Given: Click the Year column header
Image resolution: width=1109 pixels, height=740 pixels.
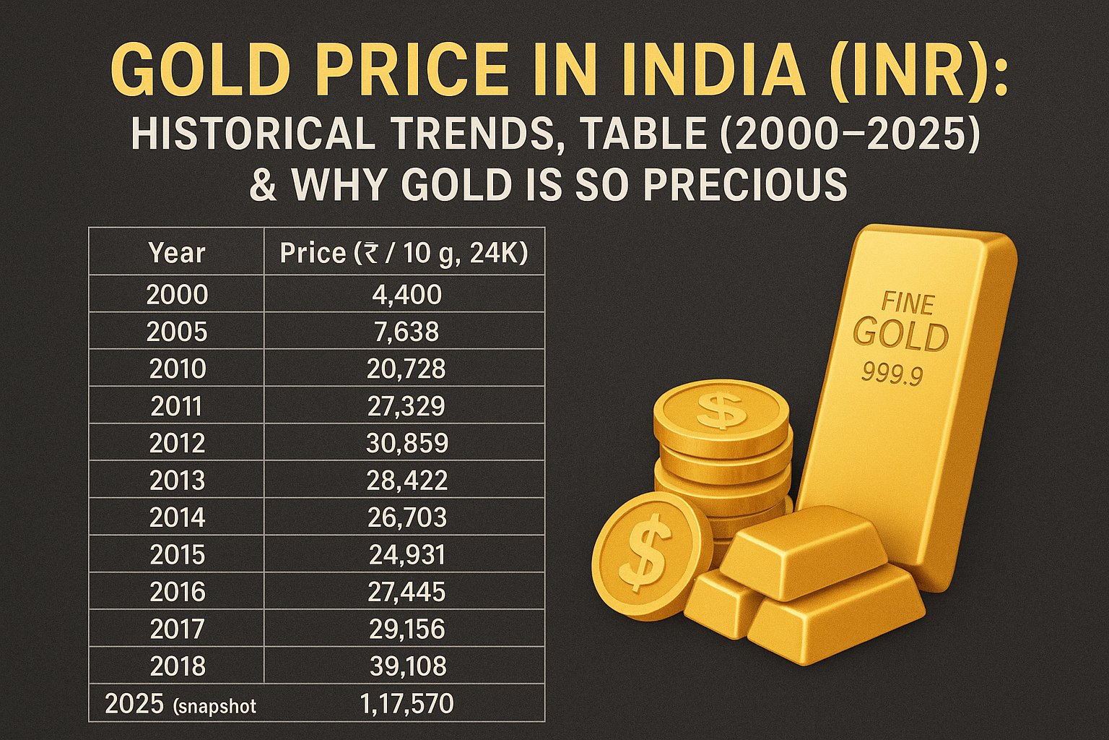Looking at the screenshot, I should (x=177, y=253).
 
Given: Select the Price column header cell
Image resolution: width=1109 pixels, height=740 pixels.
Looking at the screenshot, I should (x=404, y=253).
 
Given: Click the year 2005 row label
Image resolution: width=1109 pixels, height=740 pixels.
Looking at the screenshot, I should (x=177, y=332).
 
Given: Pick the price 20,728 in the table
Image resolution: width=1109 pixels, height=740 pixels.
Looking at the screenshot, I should (x=406, y=369).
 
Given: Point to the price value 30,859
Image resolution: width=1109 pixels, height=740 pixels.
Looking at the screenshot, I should (x=407, y=443).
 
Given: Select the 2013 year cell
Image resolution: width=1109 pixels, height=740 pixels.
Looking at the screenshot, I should (x=177, y=481).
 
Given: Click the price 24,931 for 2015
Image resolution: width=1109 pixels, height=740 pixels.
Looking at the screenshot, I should (x=407, y=555).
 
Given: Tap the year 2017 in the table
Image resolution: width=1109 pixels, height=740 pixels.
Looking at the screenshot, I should (x=177, y=629).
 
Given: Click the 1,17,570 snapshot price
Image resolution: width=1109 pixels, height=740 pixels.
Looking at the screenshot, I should (x=406, y=703).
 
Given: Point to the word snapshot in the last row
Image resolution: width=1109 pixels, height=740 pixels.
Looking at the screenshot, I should (x=216, y=706).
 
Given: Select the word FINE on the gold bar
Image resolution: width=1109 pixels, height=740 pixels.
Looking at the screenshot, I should (x=908, y=303).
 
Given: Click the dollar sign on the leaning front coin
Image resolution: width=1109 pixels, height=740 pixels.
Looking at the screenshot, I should (x=641, y=553).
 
